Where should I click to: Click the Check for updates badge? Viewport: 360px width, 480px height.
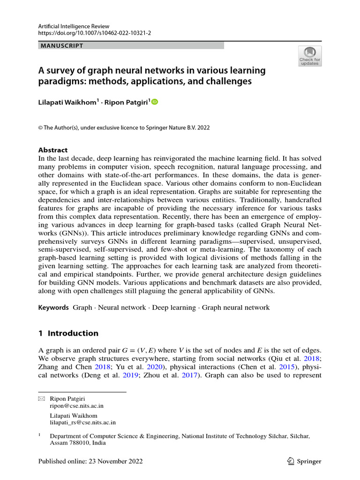click(x=309, y=56)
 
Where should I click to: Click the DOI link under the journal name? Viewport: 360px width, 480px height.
click(x=95, y=33)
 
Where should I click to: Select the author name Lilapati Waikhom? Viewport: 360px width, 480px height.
click(x=67, y=101)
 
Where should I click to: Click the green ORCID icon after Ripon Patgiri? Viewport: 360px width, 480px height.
click(x=155, y=101)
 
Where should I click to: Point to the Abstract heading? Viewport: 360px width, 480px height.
click(x=52, y=150)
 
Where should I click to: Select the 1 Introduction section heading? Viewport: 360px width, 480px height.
click(x=68, y=333)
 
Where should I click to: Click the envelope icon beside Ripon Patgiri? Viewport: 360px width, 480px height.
click(x=41, y=398)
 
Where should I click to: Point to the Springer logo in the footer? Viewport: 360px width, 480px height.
click(x=304, y=461)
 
